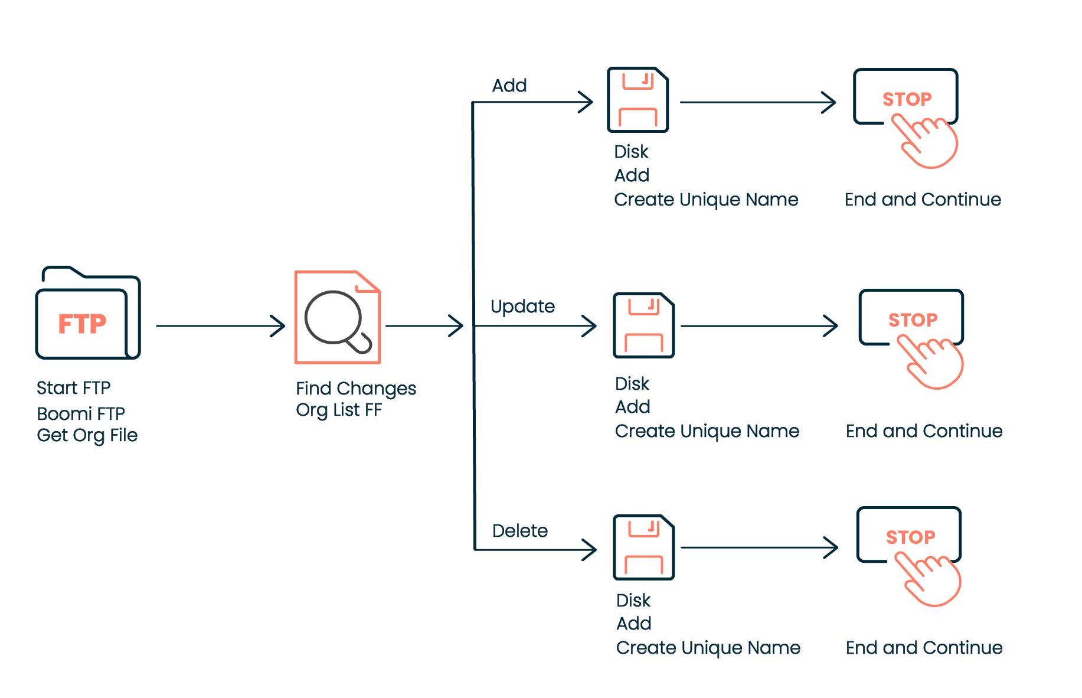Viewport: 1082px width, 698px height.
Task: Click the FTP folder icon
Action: coord(87,314)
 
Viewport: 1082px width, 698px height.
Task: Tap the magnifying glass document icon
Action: coord(337,318)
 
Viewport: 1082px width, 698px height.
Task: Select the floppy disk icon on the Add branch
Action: coord(638,100)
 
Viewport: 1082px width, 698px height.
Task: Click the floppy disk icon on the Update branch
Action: coord(643,325)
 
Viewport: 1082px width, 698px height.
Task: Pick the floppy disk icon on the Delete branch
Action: coord(643,547)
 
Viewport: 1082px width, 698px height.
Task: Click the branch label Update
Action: coord(522,306)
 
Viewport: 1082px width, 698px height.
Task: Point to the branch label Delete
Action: coord(519,531)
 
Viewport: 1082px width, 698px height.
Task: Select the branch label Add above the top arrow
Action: coord(509,86)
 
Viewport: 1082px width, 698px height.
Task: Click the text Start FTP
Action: coord(73,388)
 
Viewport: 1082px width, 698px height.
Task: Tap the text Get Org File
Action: coord(87,435)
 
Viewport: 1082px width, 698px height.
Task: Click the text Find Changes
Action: coord(355,389)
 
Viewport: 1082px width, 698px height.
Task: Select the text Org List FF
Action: coord(338,410)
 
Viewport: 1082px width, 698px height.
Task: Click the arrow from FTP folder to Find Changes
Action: coord(220,326)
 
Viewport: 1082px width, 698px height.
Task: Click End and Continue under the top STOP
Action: coord(922,200)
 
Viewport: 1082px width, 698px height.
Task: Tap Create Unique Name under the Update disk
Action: coord(707,431)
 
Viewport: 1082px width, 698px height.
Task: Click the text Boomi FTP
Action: coord(80,413)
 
